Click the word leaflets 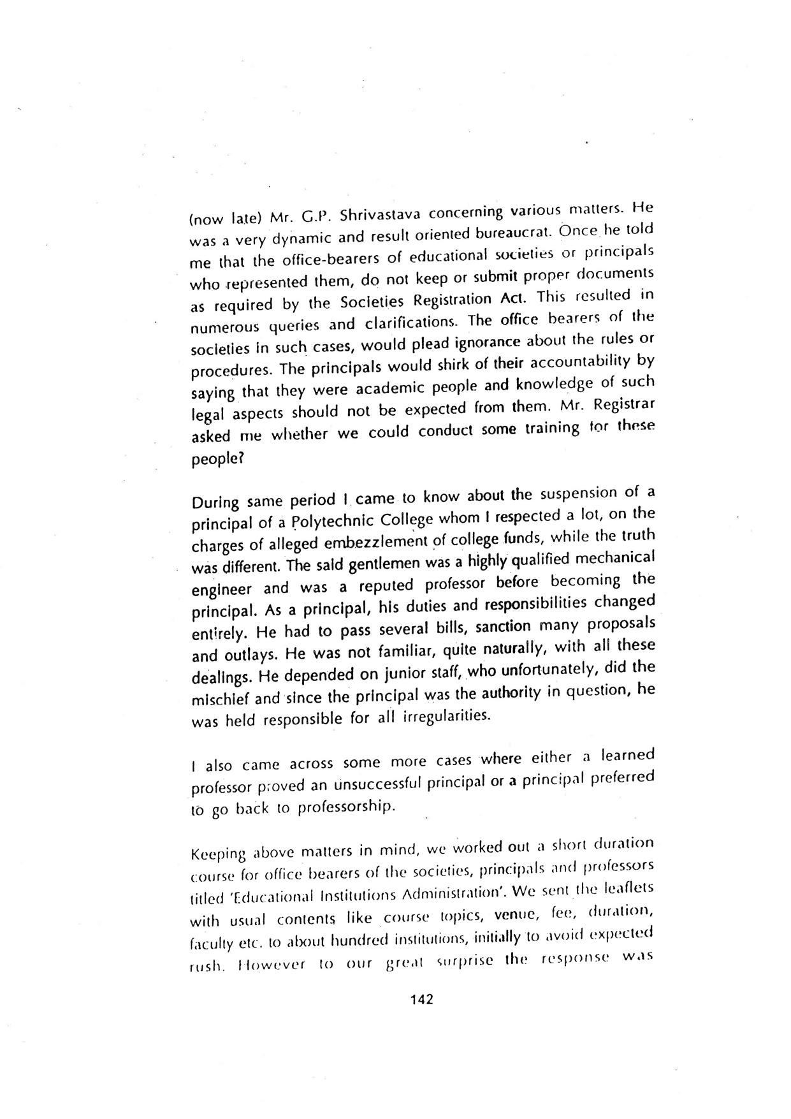pos(626,889)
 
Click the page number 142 pos(421,999)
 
